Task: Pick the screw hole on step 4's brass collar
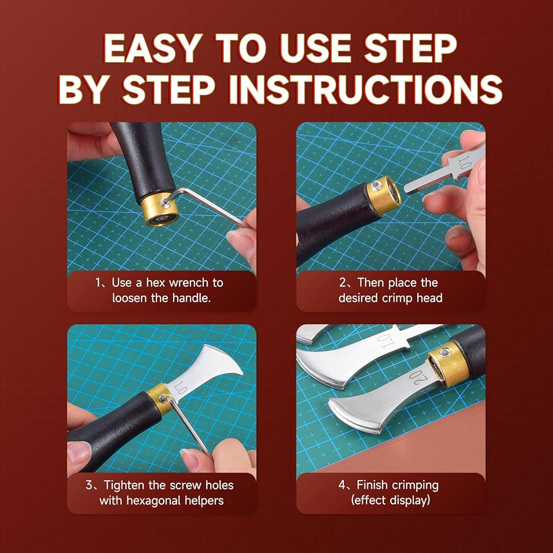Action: coord(445,352)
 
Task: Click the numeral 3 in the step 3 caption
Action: coord(89,485)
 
